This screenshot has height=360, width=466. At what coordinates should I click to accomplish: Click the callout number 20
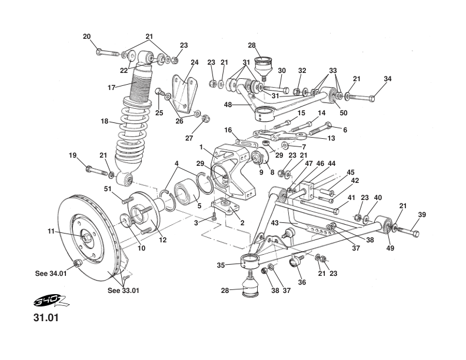[x=86, y=36]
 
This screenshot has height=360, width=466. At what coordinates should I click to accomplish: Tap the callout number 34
[x=387, y=79]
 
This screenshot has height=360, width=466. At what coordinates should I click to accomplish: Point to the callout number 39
[x=422, y=215]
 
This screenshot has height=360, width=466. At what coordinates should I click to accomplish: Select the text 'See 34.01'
[x=51, y=273]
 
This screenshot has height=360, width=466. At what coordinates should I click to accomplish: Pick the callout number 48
[x=229, y=105]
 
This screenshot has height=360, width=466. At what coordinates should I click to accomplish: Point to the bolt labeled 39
[x=410, y=231]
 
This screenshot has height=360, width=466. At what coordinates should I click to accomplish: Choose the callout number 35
[x=221, y=265]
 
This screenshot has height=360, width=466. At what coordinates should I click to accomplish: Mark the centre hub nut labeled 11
[x=86, y=238]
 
